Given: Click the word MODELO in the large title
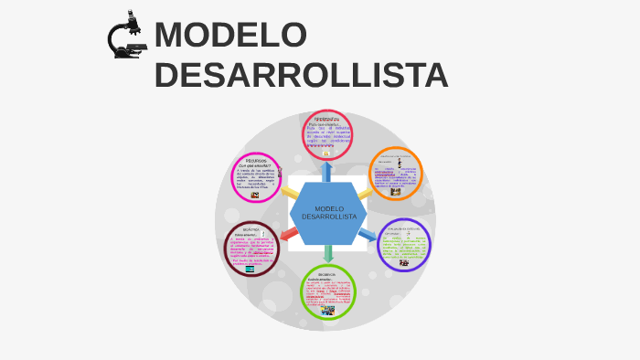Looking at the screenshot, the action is click(x=230, y=35).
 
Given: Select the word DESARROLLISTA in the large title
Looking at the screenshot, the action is click(x=301, y=76).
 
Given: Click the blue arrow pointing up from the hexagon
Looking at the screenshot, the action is click(x=326, y=171).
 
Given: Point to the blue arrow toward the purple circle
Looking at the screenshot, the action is click(x=367, y=235).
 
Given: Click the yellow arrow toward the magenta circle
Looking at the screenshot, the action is click(x=289, y=192).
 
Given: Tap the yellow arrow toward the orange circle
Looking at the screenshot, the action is click(x=366, y=193).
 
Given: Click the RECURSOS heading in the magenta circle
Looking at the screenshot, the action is click(x=261, y=160).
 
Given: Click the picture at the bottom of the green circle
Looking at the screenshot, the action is click(x=327, y=310).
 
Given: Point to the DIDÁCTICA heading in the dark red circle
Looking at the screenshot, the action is click(x=251, y=229).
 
